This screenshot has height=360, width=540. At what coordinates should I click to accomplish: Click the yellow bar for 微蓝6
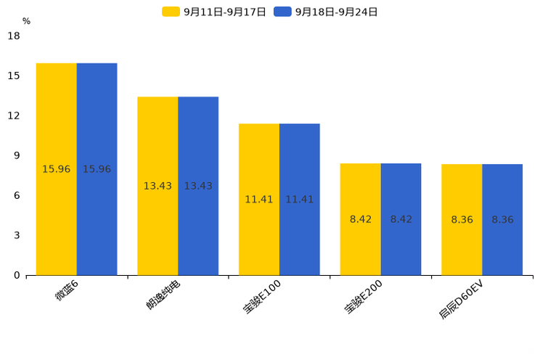click(57, 169)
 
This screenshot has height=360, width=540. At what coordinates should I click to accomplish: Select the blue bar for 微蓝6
click(97, 169)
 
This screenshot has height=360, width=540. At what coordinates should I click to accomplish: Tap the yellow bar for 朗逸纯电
click(157, 186)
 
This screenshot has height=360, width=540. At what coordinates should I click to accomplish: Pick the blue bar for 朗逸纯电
click(198, 186)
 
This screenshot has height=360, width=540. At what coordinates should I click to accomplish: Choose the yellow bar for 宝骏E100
click(259, 200)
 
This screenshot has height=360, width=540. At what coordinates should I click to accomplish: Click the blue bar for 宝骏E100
click(299, 200)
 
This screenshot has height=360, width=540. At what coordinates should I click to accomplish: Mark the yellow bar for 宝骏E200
click(360, 219)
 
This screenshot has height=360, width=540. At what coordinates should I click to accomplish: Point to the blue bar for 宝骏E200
click(401, 219)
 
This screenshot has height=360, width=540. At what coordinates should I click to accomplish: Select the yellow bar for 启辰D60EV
click(462, 220)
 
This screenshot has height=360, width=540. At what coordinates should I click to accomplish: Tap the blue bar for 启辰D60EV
click(502, 220)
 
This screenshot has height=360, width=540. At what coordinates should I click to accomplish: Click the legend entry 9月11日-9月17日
click(215, 12)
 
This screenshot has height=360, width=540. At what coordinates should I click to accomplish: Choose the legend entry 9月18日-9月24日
click(327, 12)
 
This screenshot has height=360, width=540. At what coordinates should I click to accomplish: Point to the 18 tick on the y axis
click(14, 36)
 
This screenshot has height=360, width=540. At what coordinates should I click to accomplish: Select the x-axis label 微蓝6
click(67, 290)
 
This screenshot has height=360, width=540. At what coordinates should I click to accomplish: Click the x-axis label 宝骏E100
click(263, 297)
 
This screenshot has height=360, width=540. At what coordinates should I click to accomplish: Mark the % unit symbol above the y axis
click(26, 21)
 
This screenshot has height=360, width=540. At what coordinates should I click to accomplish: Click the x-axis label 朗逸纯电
click(163, 294)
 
